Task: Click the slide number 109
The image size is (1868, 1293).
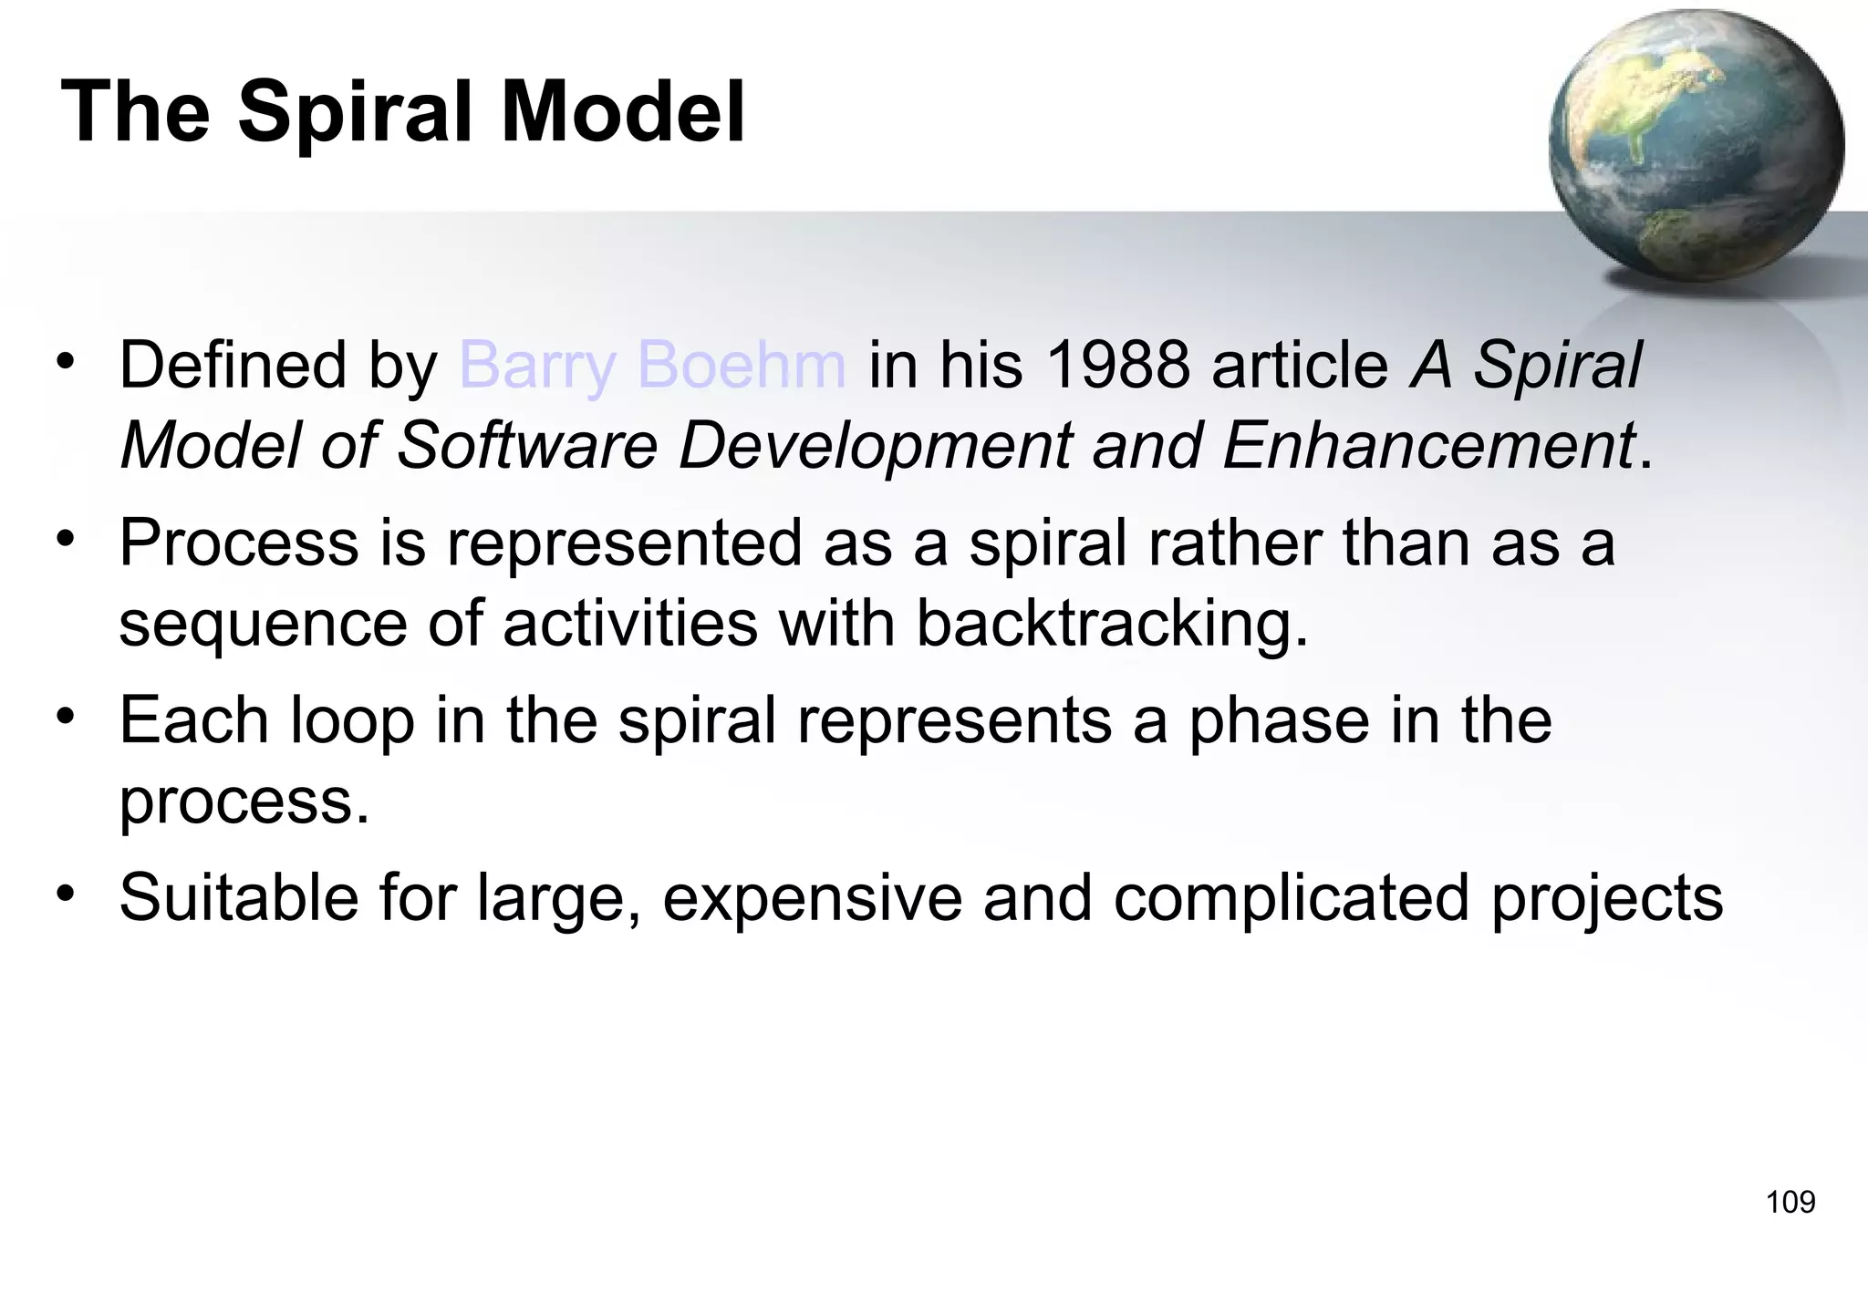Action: [x=1790, y=1202]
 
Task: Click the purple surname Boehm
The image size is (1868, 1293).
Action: [x=742, y=365]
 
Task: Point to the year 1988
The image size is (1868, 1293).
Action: [x=1117, y=365]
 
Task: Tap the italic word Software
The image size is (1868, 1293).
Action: [x=527, y=446]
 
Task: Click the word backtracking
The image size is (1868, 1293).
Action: [x=1111, y=626]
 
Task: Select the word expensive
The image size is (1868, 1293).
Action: [x=812, y=899]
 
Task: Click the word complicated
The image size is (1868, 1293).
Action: [x=1291, y=899]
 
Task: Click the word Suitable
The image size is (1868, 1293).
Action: [x=239, y=897]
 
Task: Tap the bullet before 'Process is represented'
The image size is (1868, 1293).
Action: [x=65, y=539]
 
